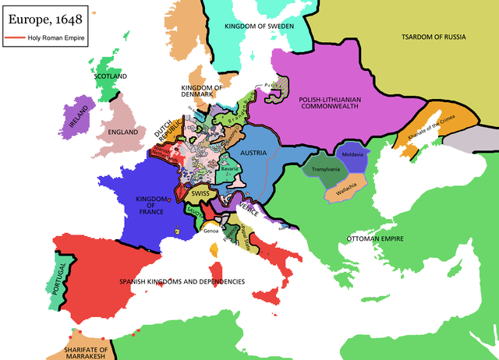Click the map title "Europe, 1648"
(x=43, y=18)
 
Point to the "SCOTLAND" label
(x=110, y=77)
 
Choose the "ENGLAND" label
(x=122, y=132)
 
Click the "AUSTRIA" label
(x=254, y=154)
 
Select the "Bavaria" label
(x=229, y=168)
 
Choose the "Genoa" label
(x=211, y=231)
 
